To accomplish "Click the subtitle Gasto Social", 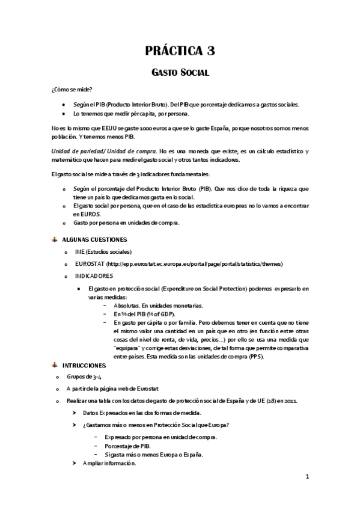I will point(179,73).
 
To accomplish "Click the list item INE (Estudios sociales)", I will point(103,251).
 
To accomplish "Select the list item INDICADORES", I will point(94,276).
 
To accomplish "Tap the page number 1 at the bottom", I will point(307,478).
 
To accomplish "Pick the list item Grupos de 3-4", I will point(80,376).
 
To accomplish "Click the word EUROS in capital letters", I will point(84,214).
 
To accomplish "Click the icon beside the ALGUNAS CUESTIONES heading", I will point(54,239).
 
